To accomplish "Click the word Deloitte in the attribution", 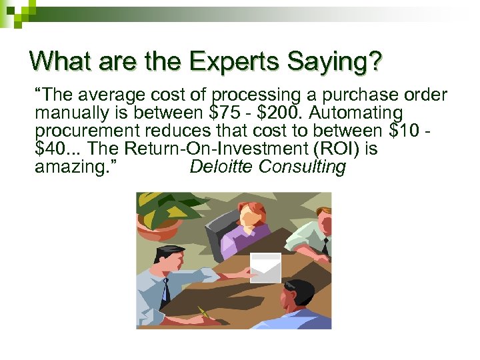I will [220, 167].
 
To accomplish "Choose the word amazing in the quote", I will [72, 167].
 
